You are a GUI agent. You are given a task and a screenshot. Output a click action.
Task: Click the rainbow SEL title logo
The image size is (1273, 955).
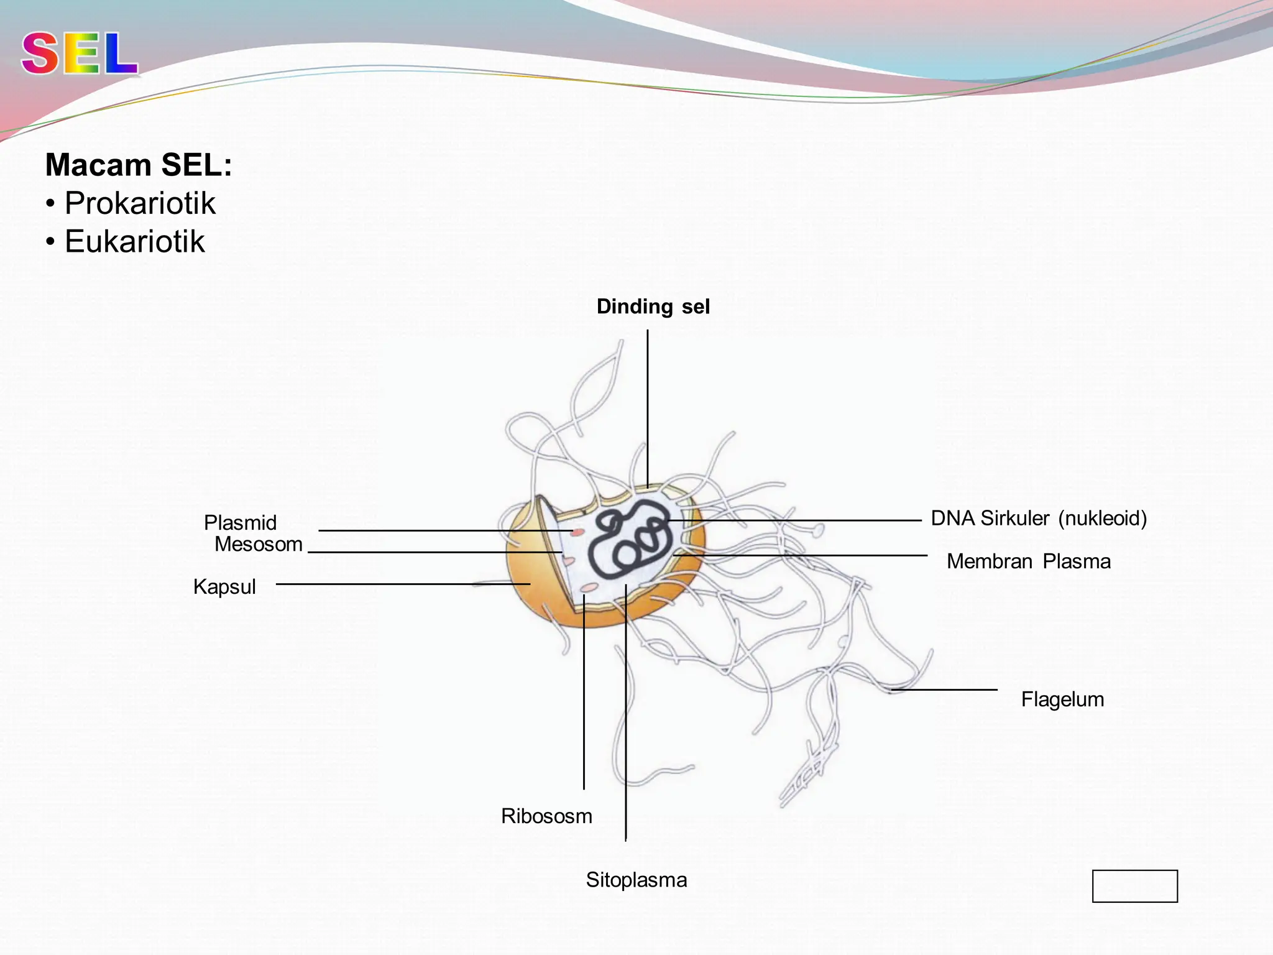tap(80, 54)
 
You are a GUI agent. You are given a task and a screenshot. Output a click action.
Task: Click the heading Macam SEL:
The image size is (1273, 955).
tap(139, 165)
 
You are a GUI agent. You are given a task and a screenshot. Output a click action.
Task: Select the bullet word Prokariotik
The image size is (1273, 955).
tap(140, 203)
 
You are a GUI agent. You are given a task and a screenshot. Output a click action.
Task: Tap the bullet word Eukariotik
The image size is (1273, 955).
tap(134, 241)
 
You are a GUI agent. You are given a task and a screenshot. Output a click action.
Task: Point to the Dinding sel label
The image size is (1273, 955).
tap(653, 307)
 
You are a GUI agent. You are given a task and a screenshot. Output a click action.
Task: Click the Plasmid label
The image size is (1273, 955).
tap(240, 523)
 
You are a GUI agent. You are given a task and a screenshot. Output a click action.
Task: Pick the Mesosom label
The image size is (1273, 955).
tap(259, 545)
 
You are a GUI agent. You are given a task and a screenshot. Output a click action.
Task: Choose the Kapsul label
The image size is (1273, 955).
tap(224, 587)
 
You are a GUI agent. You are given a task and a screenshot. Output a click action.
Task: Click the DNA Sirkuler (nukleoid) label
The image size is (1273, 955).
tap(1039, 518)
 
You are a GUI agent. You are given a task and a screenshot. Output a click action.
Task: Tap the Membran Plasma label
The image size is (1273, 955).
tap(1028, 561)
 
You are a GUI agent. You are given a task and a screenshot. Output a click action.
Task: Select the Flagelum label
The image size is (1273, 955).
tap(1062, 699)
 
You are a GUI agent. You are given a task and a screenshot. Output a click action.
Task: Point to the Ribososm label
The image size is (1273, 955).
tap(546, 816)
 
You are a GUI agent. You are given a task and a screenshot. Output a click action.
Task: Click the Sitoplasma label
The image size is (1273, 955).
tap(636, 880)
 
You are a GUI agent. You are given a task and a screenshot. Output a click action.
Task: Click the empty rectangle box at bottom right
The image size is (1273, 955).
tap(1134, 885)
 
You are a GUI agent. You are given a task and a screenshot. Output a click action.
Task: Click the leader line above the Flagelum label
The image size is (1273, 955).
tap(945, 690)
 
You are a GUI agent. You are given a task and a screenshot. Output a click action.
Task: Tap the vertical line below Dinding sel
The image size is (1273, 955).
tap(648, 404)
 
